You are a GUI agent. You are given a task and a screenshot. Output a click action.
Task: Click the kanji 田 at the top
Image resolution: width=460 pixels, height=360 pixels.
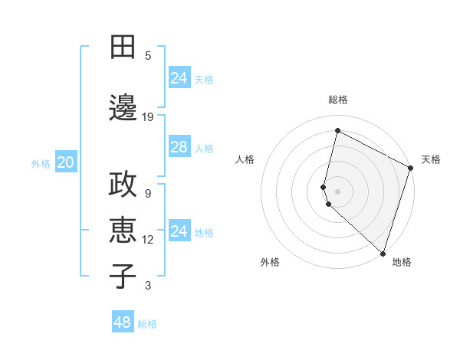click(x=123, y=47)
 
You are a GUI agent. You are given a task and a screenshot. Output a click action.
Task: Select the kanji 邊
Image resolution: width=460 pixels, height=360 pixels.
click(x=123, y=108)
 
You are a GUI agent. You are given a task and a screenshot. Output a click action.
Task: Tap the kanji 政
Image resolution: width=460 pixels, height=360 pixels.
click(x=123, y=187)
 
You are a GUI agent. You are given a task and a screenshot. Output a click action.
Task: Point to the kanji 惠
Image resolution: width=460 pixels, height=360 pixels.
click(x=123, y=231)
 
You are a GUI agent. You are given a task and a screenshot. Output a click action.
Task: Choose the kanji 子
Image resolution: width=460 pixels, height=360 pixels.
click(x=123, y=276)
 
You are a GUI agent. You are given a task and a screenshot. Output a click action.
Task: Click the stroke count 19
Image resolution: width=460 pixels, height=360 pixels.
click(x=148, y=117)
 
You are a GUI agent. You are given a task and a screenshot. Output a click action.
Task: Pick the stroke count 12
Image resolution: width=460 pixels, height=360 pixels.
click(x=148, y=240)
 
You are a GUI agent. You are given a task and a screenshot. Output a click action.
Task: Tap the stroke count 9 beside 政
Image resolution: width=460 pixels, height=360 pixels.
click(x=148, y=194)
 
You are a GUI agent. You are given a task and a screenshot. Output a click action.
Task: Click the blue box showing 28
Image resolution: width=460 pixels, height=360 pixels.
click(x=179, y=147)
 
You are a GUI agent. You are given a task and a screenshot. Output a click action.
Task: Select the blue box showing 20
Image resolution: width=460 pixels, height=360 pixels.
click(x=66, y=162)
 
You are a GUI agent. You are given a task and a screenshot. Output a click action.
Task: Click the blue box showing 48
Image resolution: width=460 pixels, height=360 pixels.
click(x=123, y=322)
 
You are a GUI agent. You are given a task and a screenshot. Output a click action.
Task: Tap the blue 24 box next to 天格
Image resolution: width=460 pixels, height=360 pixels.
click(x=179, y=78)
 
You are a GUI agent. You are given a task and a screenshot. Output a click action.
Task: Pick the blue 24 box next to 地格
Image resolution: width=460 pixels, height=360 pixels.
click(x=179, y=231)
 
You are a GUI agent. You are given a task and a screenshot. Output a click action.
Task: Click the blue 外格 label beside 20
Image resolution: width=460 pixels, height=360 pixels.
click(x=41, y=163)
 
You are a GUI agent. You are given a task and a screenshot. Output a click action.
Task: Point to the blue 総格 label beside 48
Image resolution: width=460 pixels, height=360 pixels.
click(x=147, y=324)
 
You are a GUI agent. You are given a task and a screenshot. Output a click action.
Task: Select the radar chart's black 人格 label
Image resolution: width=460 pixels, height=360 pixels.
click(x=245, y=159)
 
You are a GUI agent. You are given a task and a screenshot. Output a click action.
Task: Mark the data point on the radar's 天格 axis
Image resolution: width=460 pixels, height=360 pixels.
click(x=411, y=169)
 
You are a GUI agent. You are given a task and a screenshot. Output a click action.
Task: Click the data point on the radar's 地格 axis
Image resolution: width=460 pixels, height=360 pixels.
click(x=383, y=252)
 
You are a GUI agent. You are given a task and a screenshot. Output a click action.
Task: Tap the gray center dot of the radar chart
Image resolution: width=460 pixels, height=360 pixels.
click(x=338, y=189)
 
